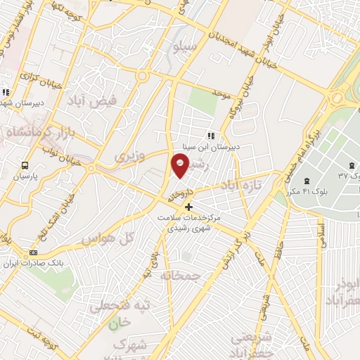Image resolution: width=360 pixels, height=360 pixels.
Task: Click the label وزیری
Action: [x=130, y=155]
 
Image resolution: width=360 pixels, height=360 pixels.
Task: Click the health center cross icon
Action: [x=188, y=207]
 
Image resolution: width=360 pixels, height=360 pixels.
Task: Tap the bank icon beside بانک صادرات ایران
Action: [x=32, y=252]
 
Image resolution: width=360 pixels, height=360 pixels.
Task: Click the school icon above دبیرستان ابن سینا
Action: [x=210, y=136]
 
